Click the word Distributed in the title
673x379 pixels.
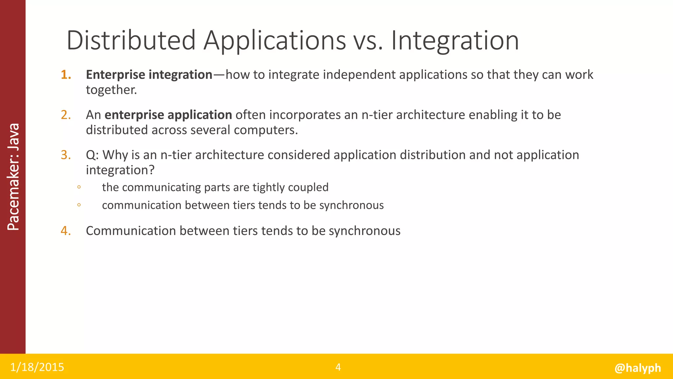[x=131, y=40]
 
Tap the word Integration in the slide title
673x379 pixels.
[x=455, y=41]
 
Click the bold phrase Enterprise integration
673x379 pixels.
[x=149, y=75]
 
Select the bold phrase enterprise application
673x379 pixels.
[x=168, y=115]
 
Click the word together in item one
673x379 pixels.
[x=111, y=90]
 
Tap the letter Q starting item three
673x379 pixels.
[x=91, y=155]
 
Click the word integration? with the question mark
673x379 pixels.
[x=120, y=170]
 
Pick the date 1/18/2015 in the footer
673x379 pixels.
[x=37, y=367]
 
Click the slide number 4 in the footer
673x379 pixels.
[x=338, y=367]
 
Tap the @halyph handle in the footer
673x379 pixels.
[x=638, y=368]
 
